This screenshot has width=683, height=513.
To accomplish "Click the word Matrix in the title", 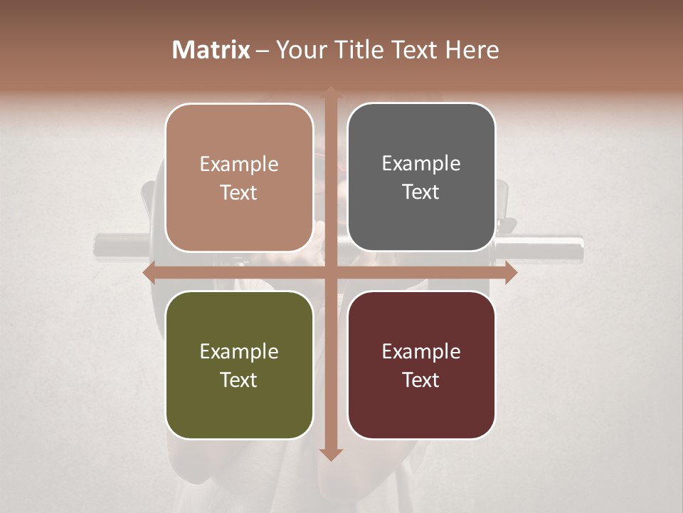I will pos(211,50).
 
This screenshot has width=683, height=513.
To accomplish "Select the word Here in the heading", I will pos(472,50).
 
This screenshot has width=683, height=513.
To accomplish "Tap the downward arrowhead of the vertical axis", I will pos(329,455).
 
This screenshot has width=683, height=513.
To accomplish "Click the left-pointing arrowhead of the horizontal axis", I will pos(148,272).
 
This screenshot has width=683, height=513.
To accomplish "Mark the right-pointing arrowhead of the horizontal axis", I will pos(512,272).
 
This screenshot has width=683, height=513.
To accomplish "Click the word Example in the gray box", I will pos(421,163).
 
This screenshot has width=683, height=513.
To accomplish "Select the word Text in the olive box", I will pos(239,380).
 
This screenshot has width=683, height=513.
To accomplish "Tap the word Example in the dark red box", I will pos(421,351).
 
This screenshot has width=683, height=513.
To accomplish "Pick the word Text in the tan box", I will pos(239,192).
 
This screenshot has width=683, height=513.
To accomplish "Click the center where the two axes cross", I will pos(329,272).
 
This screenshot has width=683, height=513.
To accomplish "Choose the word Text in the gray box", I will pos(421,192).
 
